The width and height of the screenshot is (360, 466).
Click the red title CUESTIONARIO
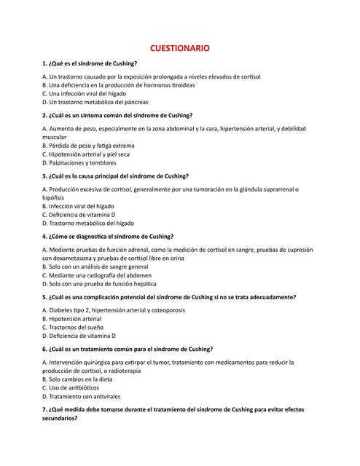180,48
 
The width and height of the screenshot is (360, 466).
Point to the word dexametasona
73,258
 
